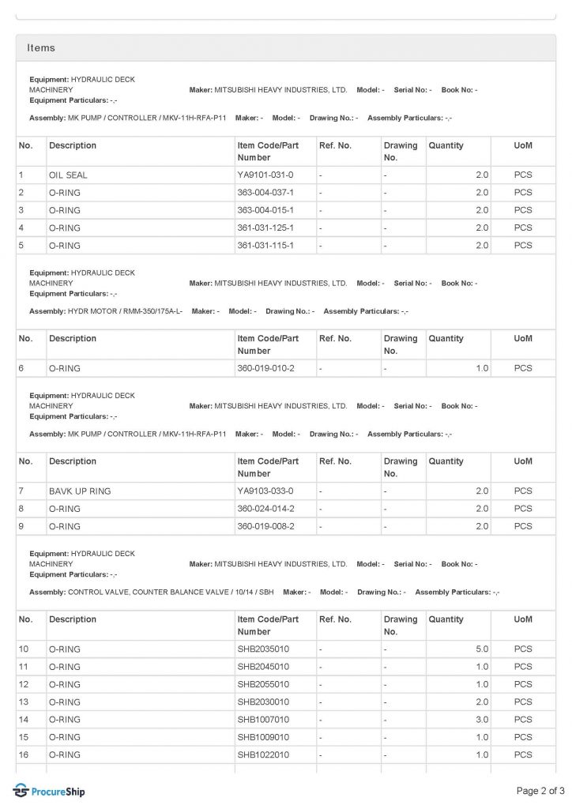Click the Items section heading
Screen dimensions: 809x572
(x=41, y=48)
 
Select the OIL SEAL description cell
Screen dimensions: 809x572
(x=67, y=175)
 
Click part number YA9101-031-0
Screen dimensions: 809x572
(x=265, y=175)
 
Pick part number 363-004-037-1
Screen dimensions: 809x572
(x=265, y=193)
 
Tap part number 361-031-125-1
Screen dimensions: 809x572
(x=265, y=228)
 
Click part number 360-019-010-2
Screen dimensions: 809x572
(x=265, y=368)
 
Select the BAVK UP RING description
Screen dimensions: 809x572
(x=80, y=491)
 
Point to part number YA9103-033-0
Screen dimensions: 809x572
(x=265, y=491)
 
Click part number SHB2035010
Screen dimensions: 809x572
(x=263, y=649)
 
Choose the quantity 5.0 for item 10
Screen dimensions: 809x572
(x=482, y=649)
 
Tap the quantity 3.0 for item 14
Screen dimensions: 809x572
(x=482, y=720)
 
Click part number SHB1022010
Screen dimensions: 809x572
(x=263, y=755)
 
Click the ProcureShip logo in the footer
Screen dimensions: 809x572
(x=49, y=791)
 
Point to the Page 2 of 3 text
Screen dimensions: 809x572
(x=540, y=791)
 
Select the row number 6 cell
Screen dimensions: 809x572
(x=21, y=368)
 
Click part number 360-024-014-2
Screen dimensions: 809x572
(x=265, y=509)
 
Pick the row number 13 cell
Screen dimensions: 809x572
(x=24, y=702)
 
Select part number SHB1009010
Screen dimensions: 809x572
(x=263, y=737)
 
